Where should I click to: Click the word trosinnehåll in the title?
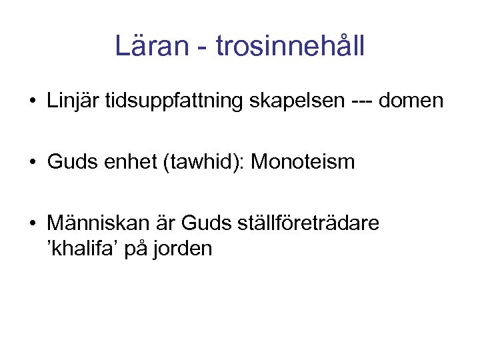291,46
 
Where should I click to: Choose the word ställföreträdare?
309,223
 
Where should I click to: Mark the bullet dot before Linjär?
32,102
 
